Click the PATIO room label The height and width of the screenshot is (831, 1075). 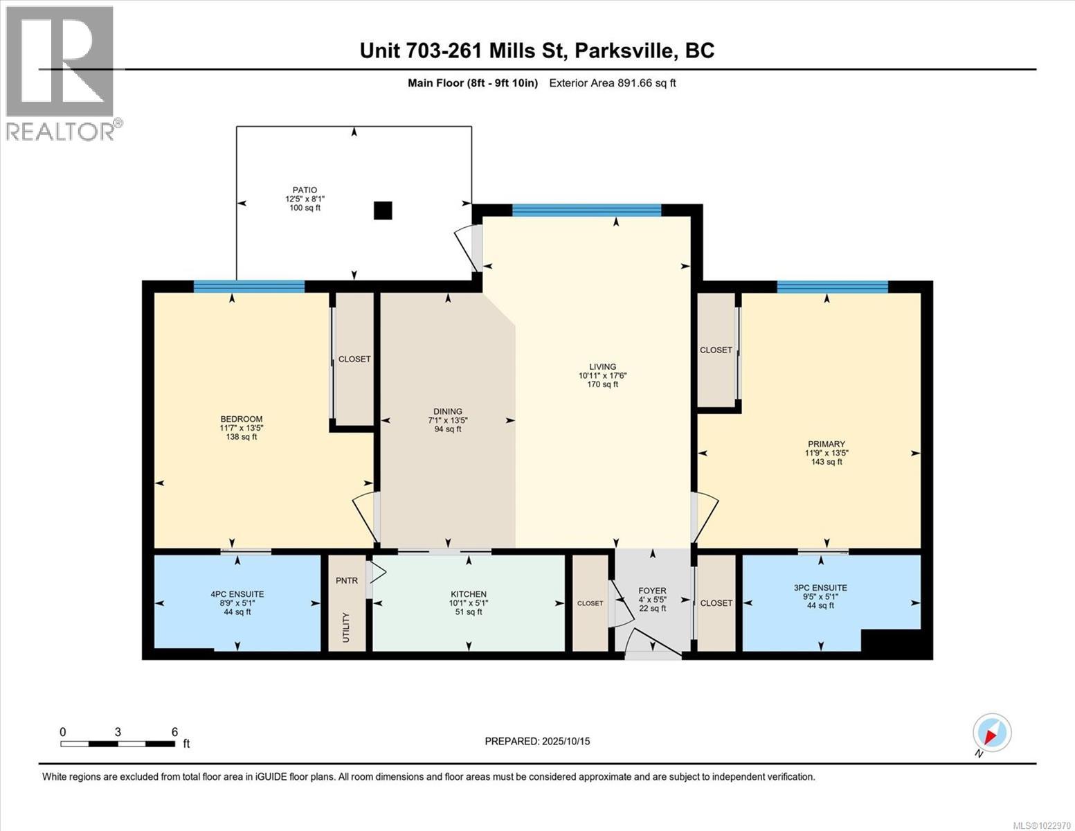(x=305, y=190)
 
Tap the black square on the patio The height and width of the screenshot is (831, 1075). (x=383, y=211)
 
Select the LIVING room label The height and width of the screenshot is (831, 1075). (x=602, y=367)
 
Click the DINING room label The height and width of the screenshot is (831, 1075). (x=448, y=411)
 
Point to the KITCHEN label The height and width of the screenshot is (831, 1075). (x=469, y=594)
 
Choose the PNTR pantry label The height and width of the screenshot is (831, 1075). (x=347, y=580)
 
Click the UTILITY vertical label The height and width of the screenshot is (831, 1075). (x=346, y=627)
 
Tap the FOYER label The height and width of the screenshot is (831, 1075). (x=652, y=591)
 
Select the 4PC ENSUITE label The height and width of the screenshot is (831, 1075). (x=237, y=594)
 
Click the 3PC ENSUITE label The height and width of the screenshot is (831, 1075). (x=820, y=588)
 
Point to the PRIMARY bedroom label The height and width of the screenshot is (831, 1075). (x=826, y=444)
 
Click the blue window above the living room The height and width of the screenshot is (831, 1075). (x=586, y=211)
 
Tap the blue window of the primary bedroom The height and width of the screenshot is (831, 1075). (x=832, y=287)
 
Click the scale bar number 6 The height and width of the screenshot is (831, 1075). (x=174, y=732)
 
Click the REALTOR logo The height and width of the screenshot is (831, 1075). (x=61, y=73)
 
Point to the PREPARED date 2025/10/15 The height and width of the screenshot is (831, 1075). (x=537, y=741)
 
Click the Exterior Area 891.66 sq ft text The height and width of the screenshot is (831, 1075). (x=612, y=83)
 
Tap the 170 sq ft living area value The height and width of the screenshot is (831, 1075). (x=602, y=384)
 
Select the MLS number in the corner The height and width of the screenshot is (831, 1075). (x=1041, y=825)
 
